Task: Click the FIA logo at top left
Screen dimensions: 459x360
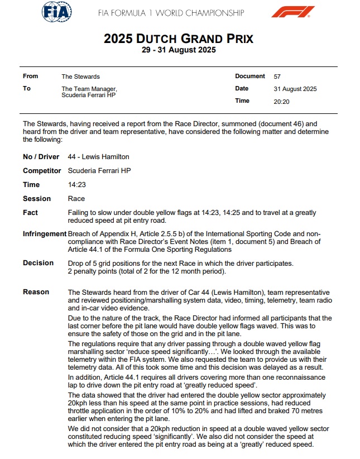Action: click(57, 12)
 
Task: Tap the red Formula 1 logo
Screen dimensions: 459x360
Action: click(292, 12)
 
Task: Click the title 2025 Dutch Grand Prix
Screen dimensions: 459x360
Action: click(179, 39)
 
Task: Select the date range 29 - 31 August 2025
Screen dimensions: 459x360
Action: click(179, 50)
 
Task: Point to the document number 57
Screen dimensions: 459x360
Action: click(277, 76)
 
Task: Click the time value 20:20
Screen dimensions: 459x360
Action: click(281, 101)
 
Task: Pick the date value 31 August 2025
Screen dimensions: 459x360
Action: click(295, 89)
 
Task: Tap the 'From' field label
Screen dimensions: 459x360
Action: click(31, 76)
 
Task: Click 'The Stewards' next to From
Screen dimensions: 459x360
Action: click(80, 76)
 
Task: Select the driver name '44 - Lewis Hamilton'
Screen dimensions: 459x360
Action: click(98, 157)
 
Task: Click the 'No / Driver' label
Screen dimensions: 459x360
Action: click(41, 157)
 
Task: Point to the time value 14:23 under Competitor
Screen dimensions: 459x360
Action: click(76, 184)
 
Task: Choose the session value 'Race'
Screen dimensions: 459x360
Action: click(75, 198)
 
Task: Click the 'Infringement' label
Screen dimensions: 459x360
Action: click(44, 233)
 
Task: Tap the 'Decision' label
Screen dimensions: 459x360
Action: click(38, 262)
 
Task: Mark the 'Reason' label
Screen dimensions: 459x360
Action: click(36, 292)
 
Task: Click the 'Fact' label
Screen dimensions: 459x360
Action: click(31, 212)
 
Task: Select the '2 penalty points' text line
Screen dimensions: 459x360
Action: click(146, 271)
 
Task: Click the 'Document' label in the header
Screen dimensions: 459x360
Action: click(250, 76)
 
